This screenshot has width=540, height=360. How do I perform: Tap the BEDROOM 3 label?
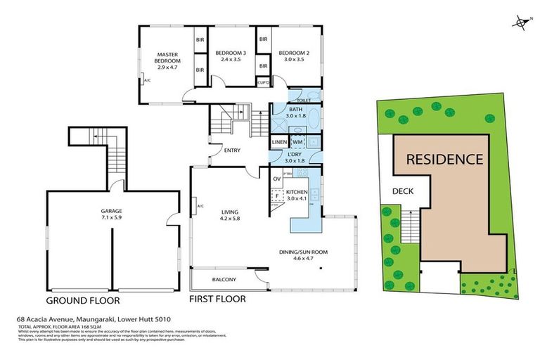229,53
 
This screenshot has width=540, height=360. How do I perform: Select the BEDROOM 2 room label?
292,53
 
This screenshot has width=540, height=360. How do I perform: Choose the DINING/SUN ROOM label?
310,252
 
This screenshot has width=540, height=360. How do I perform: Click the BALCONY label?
224,280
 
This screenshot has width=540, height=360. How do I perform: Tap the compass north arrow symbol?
520,23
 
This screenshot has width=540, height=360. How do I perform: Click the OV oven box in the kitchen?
277,179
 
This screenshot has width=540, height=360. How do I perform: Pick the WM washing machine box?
297,143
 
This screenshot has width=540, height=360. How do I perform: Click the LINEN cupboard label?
279,143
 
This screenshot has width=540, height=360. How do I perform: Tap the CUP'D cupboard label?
264,82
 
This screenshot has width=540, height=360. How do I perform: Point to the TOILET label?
304,100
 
